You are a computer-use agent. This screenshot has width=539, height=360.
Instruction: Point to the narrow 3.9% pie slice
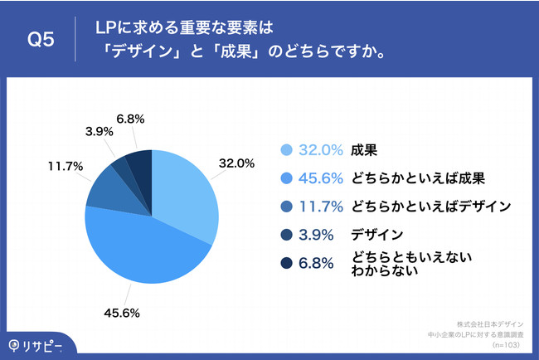pyautogui.click(x=120, y=167)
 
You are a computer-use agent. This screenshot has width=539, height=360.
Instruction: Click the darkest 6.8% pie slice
pyautogui.click(x=138, y=162)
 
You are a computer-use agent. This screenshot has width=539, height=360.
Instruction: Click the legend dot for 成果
pyautogui.click(x=287, y=150)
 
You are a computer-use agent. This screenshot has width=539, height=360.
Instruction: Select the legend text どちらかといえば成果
pyautogui.click(x=419, y=178)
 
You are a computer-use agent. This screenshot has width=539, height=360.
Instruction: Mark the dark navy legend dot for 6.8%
pyautogui.click(x=287, y=263)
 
